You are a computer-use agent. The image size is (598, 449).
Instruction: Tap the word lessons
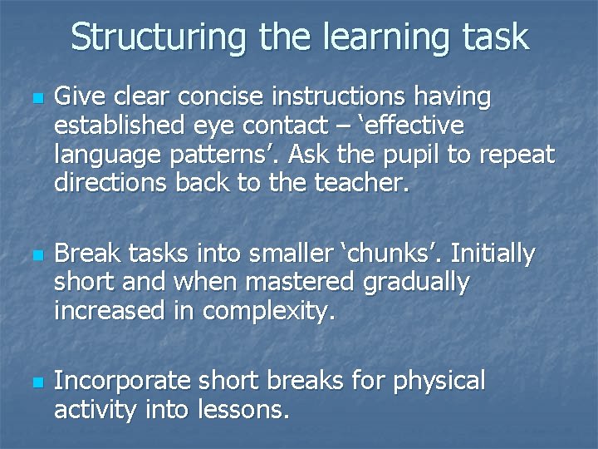(x=242, y=409)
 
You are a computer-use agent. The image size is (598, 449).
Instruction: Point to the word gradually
(x=416, y=283)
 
